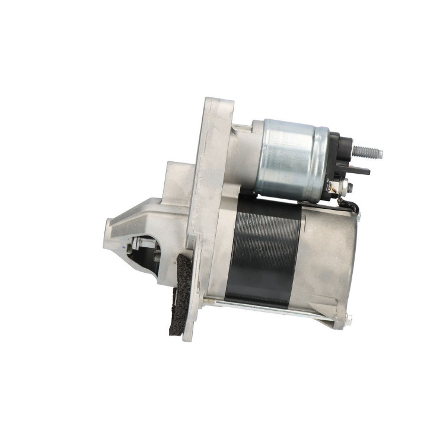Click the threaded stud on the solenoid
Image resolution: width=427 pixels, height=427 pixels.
[x=365, y=152]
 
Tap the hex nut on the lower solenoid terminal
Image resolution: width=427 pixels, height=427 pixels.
[x=349, y=187]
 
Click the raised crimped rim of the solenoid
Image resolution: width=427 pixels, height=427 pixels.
[x=321, y=157]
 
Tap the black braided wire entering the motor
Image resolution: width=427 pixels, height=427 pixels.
[x=350, y=205]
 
